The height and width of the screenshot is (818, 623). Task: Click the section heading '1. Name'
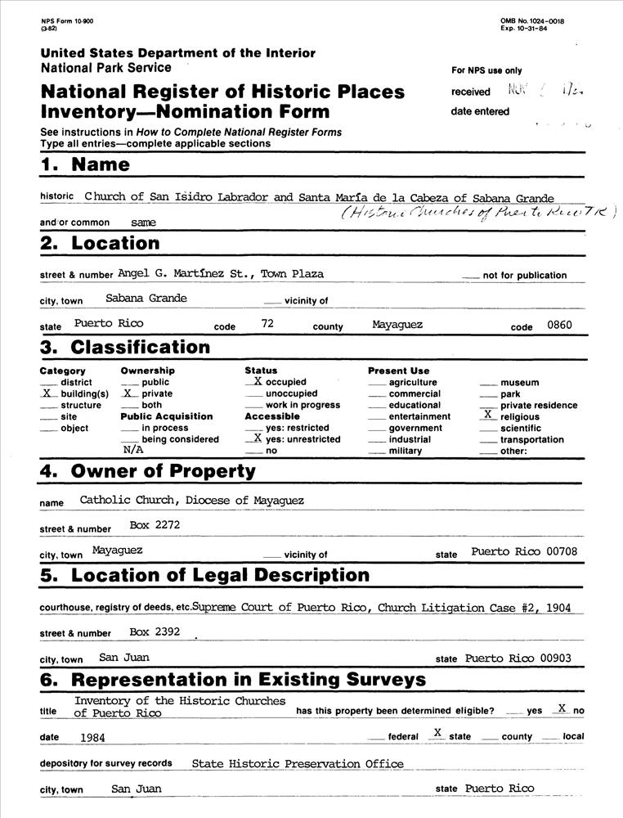[85, 164]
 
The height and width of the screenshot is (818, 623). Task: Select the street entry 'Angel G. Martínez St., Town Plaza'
[220, 273]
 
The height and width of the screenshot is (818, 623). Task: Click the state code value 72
[267, 324]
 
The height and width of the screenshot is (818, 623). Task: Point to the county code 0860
[559, 325]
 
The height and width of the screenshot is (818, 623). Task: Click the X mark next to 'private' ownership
[128, 393]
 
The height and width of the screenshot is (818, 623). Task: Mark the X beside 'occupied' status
[257, 381]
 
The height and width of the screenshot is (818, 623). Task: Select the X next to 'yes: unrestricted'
[257, 438]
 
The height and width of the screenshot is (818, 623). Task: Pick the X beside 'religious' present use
[487, 416]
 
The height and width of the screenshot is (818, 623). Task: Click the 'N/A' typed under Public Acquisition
[132, 450]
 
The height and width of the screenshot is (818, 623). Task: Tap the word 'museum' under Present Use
[519, 382]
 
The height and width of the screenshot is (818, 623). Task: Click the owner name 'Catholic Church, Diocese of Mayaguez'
[192, 500]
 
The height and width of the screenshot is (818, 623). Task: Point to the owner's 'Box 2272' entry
[155, 525]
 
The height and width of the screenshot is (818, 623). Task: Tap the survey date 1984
[97, 736]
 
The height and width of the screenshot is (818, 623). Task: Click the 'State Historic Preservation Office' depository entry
[298, 764]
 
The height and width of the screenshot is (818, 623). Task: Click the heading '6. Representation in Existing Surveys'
[233, 680]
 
